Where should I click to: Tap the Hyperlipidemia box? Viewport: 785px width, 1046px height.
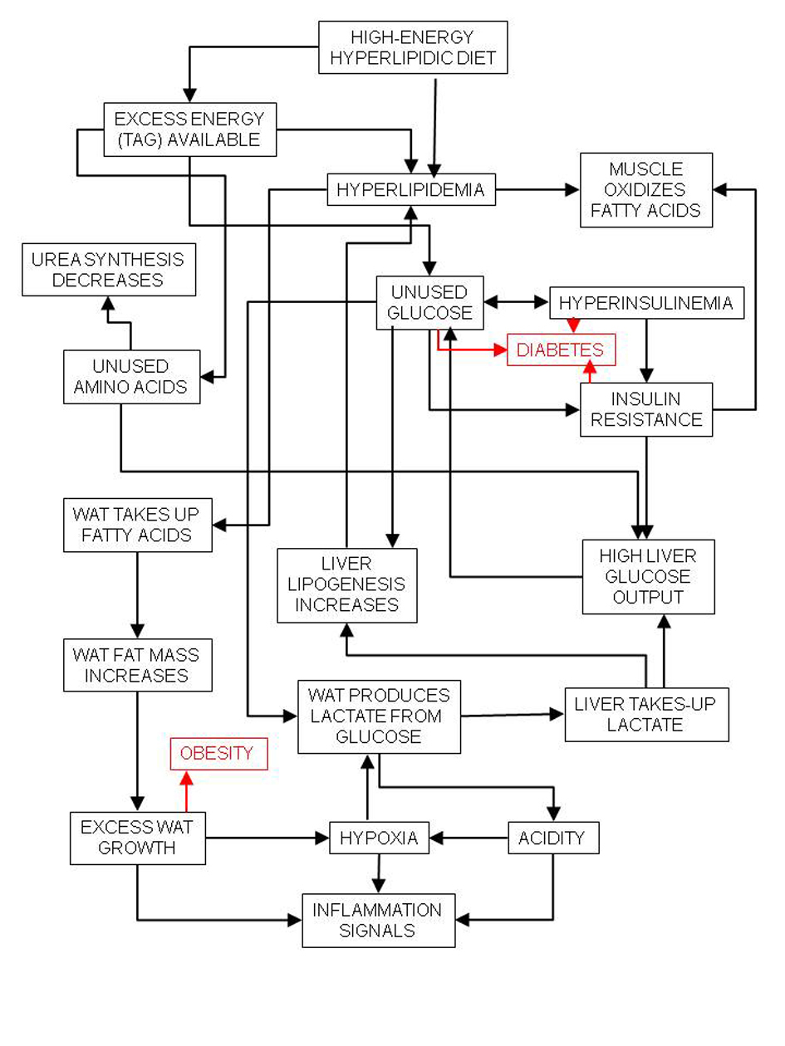point(410,190)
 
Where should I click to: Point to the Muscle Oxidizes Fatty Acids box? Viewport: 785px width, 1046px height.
point(645,190)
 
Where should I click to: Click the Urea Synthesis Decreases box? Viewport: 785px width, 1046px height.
point(108,269)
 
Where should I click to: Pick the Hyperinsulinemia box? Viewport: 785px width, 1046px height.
point(646,303)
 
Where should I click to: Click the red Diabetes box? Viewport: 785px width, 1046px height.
point(562,350)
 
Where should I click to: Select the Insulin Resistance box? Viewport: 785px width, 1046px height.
point(646,409)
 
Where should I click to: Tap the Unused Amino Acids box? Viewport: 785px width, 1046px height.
point(131,376)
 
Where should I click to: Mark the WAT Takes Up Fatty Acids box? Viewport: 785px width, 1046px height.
point(137,525)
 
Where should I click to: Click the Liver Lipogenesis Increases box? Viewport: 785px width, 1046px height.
point(346,584)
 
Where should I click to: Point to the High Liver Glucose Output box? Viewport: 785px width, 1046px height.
point(648,576)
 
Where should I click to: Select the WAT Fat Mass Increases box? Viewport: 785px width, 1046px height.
point(137,664)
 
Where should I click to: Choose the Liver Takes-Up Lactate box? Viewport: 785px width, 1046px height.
point(645,714)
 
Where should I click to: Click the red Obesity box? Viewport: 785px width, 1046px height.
point(219,754)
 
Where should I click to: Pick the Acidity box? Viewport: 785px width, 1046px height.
point(552,838)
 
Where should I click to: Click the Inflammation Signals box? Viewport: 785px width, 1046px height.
point(378,920)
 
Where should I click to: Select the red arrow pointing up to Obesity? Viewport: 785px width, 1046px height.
point(186,793)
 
